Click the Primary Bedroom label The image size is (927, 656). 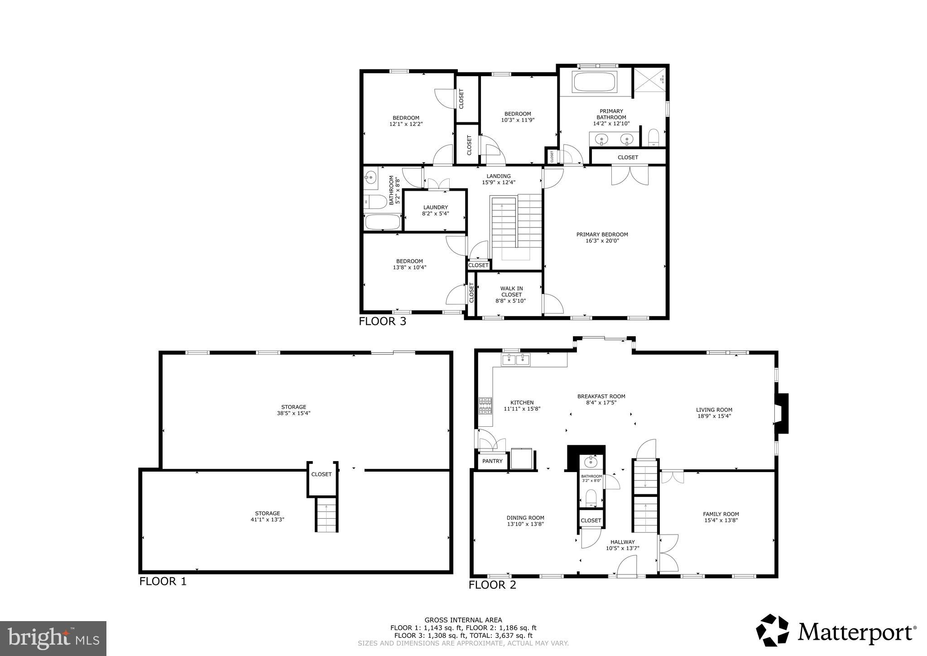tap(602, 234)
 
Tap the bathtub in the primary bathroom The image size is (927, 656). tap(595, 82)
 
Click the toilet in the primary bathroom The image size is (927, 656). tap(653, 137)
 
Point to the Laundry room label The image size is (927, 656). tap(435, 207)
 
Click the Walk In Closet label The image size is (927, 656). tap(511, 291)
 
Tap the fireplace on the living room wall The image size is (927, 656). tap(782, 414)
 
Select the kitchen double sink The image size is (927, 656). tap(516, 360)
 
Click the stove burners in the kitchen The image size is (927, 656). tap(485, 406)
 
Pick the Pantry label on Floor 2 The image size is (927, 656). tap(492, 461)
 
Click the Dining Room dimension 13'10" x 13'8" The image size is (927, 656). tap(525, 524)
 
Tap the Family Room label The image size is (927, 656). tap(720, 514)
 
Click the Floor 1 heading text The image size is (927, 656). tap(163, 581)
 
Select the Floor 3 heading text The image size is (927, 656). tap(382, 322)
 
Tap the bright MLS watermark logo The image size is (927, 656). tap(53, 638)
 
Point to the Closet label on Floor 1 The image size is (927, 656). tap(321, 474)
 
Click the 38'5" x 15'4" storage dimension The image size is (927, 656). tap(293, 413)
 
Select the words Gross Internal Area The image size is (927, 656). tap(463, 620)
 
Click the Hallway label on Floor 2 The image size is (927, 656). tap(622, 542)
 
